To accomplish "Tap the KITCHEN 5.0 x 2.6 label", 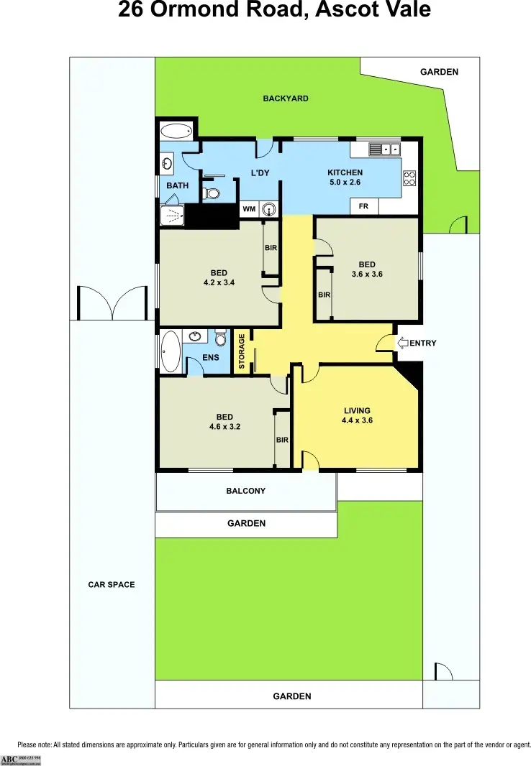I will coord(345,177).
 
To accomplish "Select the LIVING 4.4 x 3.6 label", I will coord(357,416).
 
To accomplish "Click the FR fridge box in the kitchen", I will coord(363,207).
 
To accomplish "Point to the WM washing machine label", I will coord(249,209).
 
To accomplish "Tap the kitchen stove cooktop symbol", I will coord(410,177).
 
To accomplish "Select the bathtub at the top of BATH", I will coord(176,131).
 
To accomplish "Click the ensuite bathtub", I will coord(170,351).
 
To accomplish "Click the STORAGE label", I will coord(242,351).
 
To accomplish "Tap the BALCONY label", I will coord(246,492).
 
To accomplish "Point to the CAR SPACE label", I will coord(112,585).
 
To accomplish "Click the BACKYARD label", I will coord(286,98).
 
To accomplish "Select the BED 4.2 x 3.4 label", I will coord(219,277).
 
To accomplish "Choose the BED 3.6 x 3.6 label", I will coord(367,269).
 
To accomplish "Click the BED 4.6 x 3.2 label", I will coord(224,422).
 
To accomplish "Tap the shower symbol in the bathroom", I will coord(171,216).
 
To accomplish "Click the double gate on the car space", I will coord(113,303).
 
